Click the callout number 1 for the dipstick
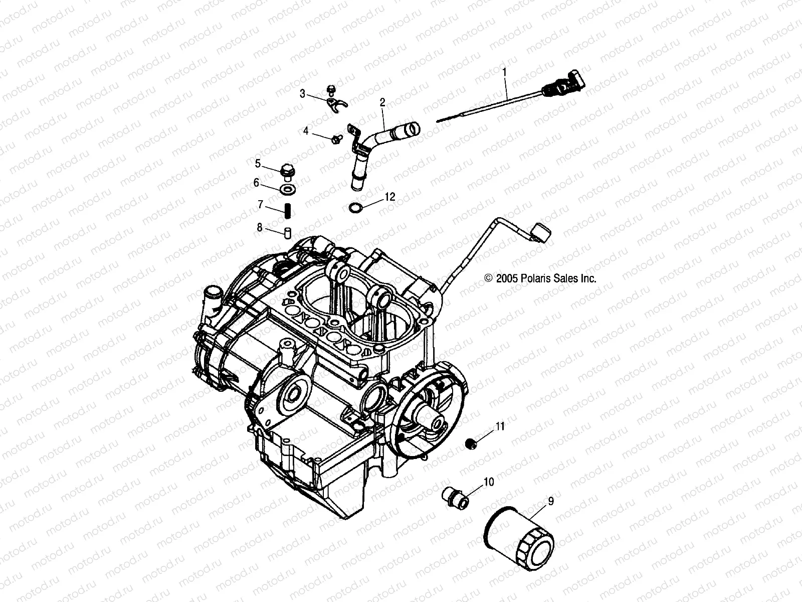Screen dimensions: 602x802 tap(505, 72)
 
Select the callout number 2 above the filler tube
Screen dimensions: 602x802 tap(382, 102)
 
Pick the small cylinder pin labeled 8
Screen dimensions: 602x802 tap(288, 233)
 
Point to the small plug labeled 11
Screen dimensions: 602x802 tap(471, 443)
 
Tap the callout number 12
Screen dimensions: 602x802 tap(390, 197)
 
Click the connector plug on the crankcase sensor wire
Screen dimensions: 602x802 tap(541, 232)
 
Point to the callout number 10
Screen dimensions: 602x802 tap(489, 482)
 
